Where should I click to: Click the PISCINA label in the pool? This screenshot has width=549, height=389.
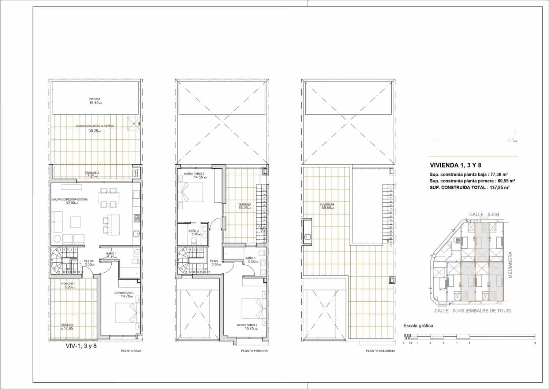tap(95, 99)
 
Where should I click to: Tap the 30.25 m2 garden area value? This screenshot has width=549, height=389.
tap(95, 131)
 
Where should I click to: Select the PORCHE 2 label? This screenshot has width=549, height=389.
tap(92, 173)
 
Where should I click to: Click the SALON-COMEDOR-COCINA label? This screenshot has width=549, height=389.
tap(65, 199)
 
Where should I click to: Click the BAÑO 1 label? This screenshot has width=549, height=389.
tap(111, 253)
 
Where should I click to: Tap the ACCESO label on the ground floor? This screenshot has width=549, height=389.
tap(67, 325)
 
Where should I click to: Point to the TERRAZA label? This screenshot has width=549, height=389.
tap(244, 205)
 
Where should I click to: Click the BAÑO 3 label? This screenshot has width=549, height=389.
tap(251, 258)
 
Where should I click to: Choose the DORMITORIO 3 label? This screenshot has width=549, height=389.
tap(247, 325)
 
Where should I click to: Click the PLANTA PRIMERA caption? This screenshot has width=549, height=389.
tap(254, 351)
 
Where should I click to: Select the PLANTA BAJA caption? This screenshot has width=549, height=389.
tap(131, 351)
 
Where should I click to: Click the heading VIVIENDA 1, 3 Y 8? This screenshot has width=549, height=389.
tap(455, 165)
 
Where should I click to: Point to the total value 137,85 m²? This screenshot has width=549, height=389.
tap(499, 187)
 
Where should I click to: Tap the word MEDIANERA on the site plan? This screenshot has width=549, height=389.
tap(510, 265)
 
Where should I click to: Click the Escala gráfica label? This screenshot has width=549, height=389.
tap(419, 325)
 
